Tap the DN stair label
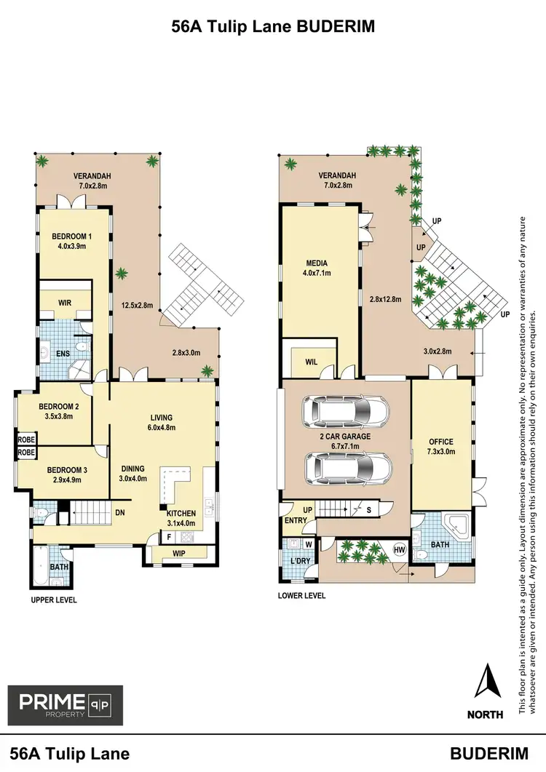(121, 512)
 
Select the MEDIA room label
(317, 263)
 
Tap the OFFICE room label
(441, 441)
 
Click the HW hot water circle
(400, 549)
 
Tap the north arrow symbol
(488, 682)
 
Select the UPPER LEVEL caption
(53, 600)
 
